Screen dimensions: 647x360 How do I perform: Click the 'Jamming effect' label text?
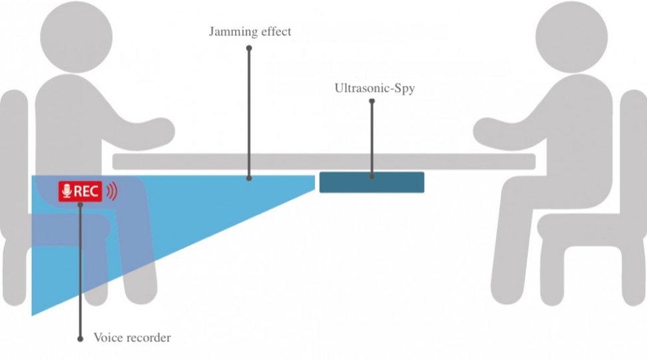[x=250, y=32]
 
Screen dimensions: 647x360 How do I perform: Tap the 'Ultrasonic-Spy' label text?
[x=375, y=89]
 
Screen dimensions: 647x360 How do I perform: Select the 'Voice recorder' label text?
[x=132, y=338]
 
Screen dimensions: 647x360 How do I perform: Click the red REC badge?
[x=80, y=192]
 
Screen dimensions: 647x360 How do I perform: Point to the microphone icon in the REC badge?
[x=67, y=192]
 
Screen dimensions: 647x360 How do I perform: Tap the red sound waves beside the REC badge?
[x=112, y=192]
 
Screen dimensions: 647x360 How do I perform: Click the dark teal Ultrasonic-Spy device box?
[x=372, y=182]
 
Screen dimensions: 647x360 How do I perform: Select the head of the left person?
[x=77, y=37]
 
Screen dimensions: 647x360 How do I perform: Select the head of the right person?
[x=572, y=37]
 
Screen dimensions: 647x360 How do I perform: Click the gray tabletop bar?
[x=324, y=162]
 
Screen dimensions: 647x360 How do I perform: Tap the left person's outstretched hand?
[x=159, y=131]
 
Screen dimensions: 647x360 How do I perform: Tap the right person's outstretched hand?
[x=489, y=131]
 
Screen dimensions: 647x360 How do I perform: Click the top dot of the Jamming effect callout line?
[x=249, y=49]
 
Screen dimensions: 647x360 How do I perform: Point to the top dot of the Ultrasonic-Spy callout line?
[x=372, y=101]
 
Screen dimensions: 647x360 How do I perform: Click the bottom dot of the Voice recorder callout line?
[x=80, y=339]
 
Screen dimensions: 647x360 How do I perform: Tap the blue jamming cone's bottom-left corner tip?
[x=32, y=315]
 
